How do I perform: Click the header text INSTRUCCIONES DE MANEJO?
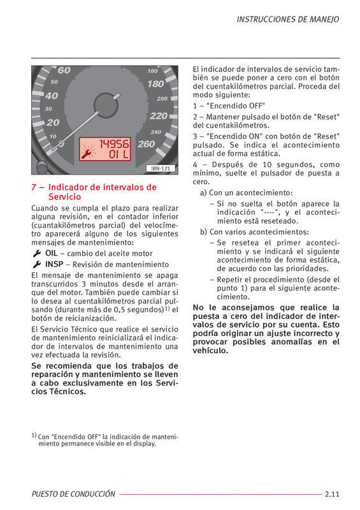coord(288,20)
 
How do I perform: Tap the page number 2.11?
coord(332,494)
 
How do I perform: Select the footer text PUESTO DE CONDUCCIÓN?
coord(73,494)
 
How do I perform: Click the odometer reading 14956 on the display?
coord(114,144)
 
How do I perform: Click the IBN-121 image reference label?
coord(161,168)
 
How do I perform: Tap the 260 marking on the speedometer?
coord(147,144)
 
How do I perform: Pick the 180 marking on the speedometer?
coord(155,84)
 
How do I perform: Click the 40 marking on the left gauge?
coord(52,96)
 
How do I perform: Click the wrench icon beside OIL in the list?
coord(37,253)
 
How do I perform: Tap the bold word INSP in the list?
coord(54,264)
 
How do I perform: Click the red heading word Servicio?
coord(65,197)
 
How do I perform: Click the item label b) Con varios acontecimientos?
coord(255,232)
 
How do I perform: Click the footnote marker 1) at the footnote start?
coord(34,435)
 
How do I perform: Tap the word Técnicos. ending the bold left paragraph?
coord(68,391)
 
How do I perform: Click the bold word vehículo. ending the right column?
coord(210,351)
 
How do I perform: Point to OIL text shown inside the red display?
coord(119,154)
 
